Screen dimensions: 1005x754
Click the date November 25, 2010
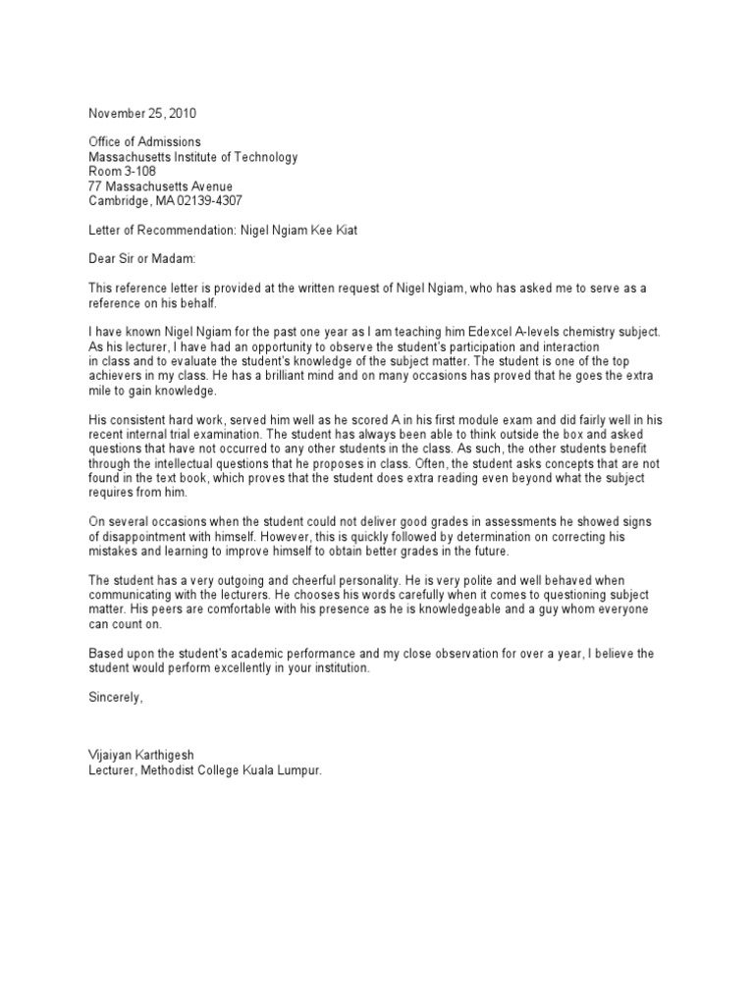coord(148,113)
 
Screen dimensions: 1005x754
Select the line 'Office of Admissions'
coord(144,142)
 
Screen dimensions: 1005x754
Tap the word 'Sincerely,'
coord(116,698)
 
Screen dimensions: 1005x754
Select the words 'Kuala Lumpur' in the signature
coord(282,770)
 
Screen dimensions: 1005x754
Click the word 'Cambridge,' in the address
coord(118,199)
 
